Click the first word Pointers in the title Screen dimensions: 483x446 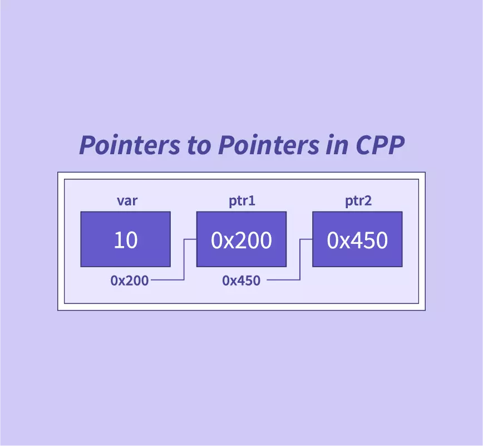130,145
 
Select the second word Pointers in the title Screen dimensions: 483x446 269,145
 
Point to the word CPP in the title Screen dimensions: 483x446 380,145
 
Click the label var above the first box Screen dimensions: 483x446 127,201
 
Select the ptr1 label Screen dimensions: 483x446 242,202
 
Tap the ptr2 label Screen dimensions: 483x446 358,202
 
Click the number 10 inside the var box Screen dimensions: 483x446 126,240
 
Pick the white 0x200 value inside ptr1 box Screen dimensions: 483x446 241,240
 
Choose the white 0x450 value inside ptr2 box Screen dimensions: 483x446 357,240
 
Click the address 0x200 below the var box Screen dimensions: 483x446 129,281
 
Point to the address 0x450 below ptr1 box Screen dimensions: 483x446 241,281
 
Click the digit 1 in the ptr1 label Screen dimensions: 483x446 252,200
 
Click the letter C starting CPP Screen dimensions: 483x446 364,145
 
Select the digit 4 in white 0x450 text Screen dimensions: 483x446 357,240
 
